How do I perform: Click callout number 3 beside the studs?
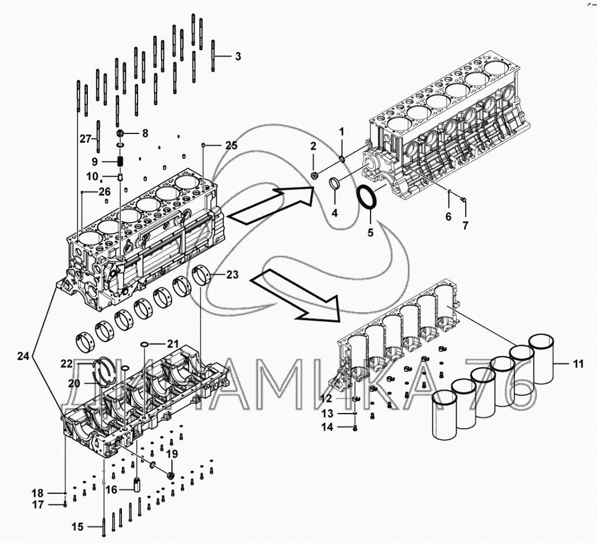[x=238, y=57]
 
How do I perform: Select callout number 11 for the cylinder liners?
[x=579, y=364]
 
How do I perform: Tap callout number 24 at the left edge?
[x=23, y=356]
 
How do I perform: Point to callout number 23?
[x=232, y=275]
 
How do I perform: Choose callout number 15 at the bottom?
[x=77, y=527]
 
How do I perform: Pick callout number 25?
[x=231, y=145]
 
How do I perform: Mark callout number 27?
[x=86, y=139]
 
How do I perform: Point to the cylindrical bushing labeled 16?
[x=138, y=482]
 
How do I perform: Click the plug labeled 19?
[x=170, y=475]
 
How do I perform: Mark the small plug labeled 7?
[x=464, y=200]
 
